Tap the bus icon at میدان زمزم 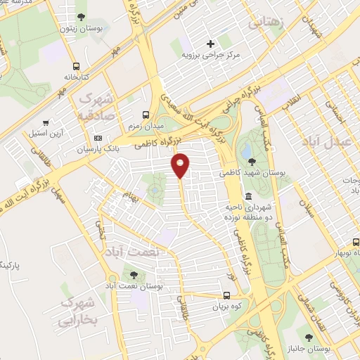tap(146, 114)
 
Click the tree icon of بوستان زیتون tap(82, 16)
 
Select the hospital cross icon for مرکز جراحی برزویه tap(210, 43)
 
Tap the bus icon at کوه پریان tap(226, 296)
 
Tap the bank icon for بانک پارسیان tap(98, 138)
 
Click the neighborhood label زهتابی tap(266, 24)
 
